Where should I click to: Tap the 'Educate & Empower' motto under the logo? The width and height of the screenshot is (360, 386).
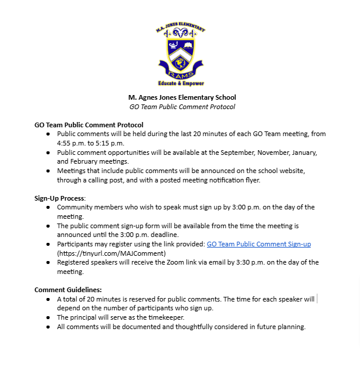click(x=181, y=83)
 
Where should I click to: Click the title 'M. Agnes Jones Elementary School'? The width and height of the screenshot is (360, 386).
click(x=182, y=97)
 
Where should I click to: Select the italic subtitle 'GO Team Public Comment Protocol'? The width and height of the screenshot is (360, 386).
click(x=182, y=107)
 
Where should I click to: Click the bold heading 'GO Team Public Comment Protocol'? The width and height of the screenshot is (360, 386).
click(x=89, y=125)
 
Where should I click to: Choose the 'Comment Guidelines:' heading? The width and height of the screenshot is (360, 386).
click(x=68, y=290)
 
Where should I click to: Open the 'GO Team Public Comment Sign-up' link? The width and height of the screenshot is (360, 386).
click(x=259, y=244)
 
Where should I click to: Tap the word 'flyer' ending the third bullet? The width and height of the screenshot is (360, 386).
click(x=252, y=180)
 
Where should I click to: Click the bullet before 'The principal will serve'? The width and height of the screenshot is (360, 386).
click(x=48, y=317)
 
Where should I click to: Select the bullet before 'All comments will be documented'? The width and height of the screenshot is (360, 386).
click(x=48, y=327)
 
